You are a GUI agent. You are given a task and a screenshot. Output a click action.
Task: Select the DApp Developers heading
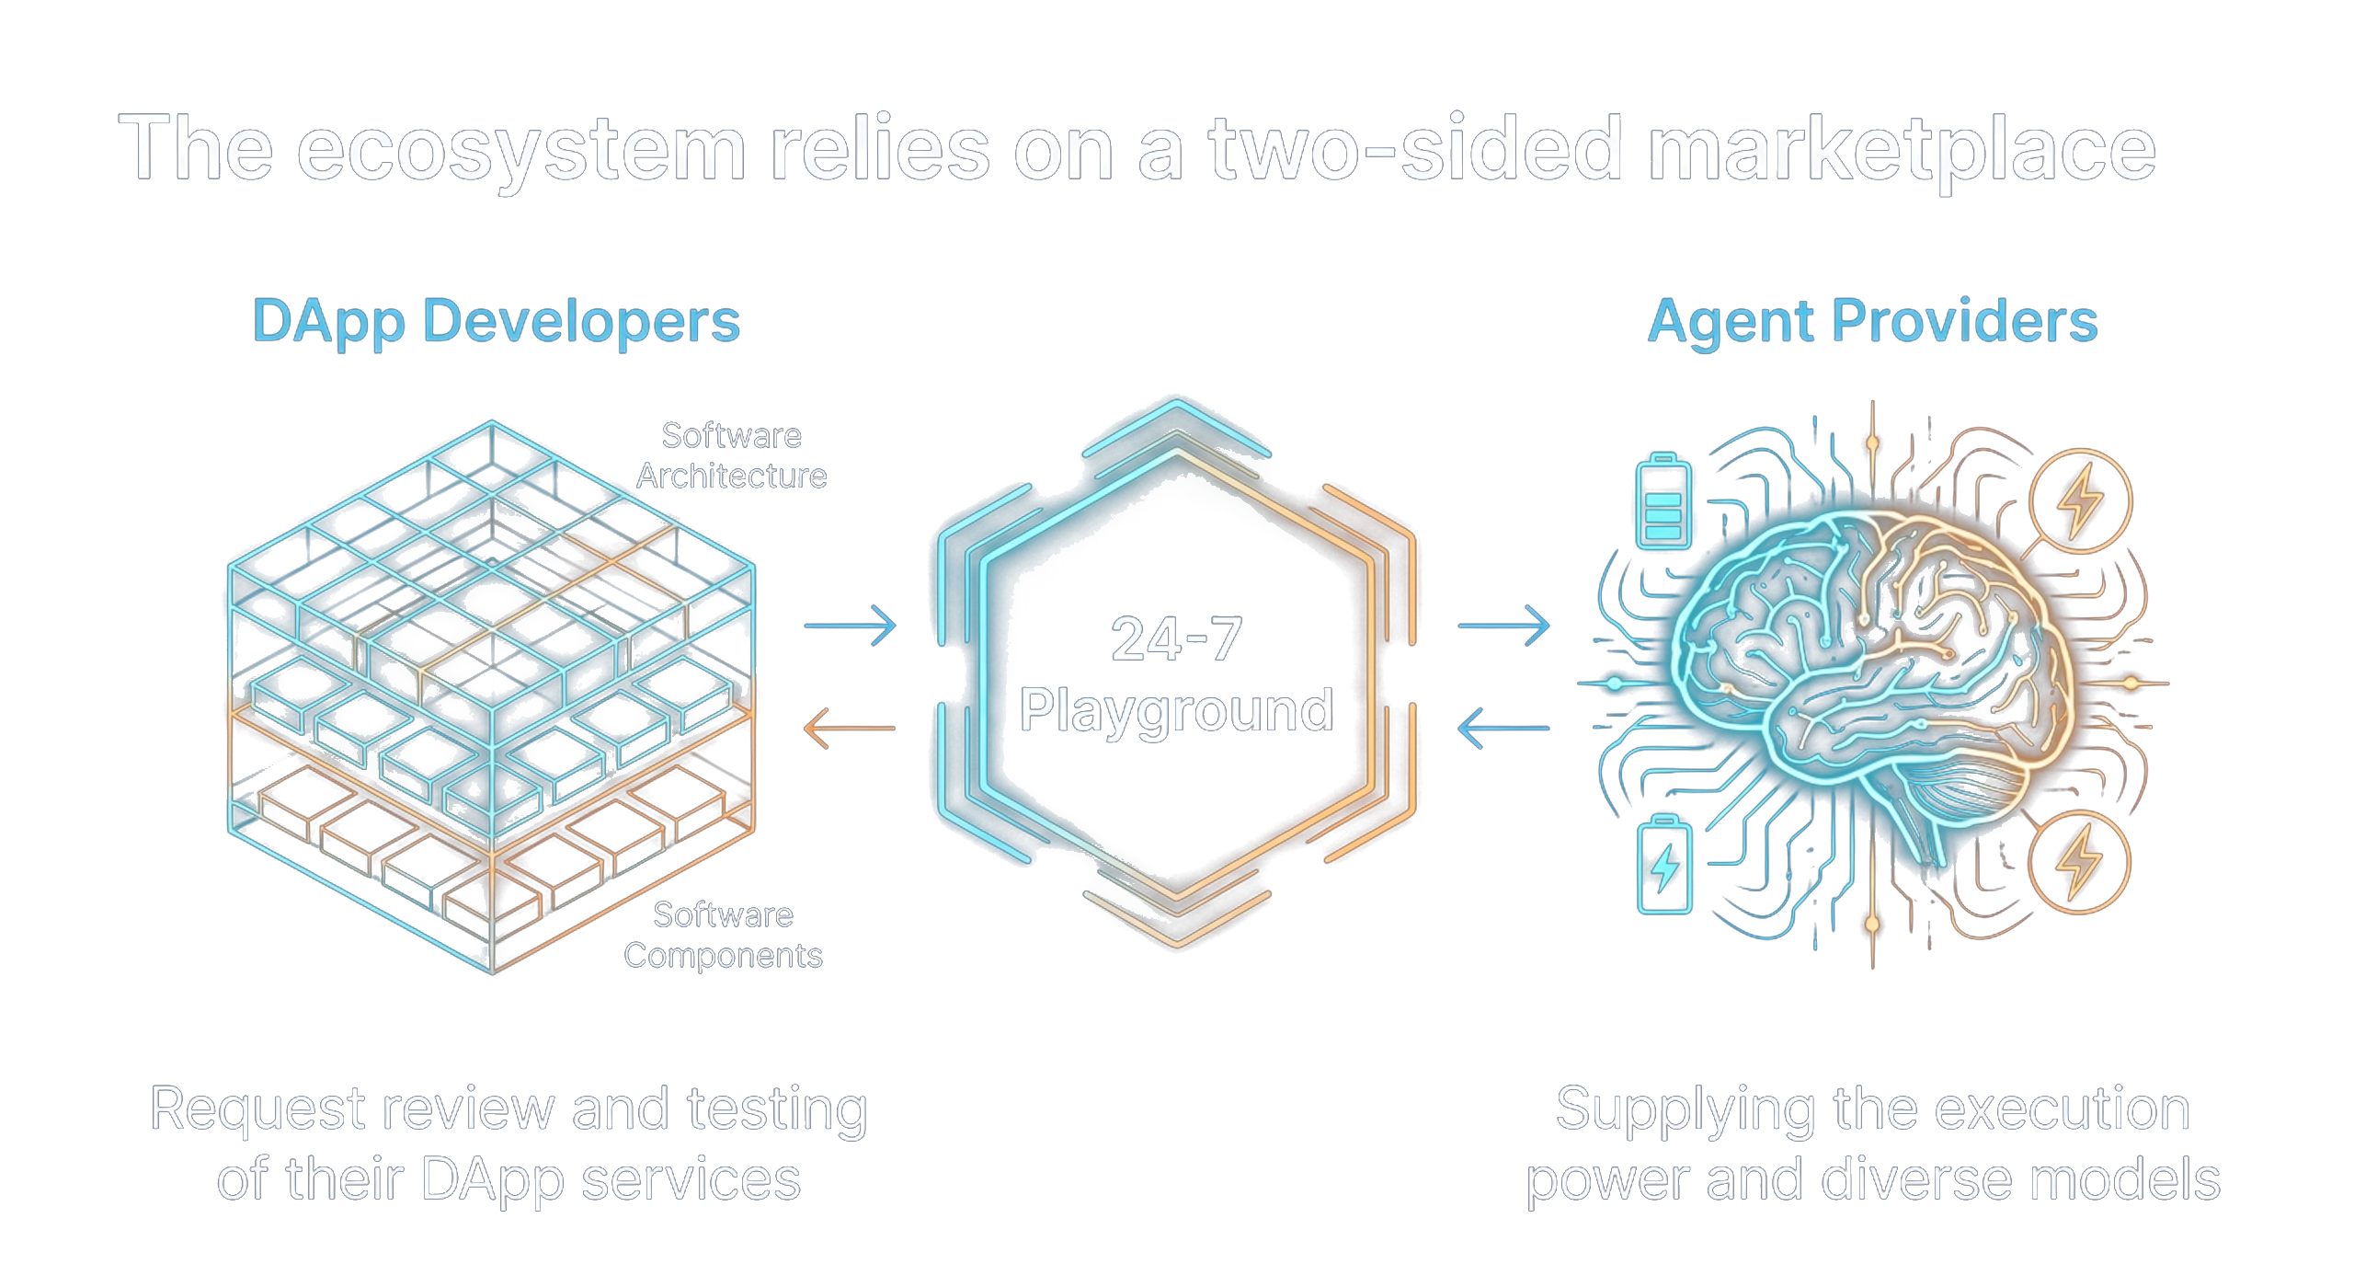pos(496,322)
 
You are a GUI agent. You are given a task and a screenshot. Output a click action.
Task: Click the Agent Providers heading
pos(1872,322)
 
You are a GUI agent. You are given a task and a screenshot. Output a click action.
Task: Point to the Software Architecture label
pos(731,456)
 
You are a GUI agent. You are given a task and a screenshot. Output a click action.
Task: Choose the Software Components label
pos(723,936)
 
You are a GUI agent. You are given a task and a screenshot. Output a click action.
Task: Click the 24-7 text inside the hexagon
pos(1176,639)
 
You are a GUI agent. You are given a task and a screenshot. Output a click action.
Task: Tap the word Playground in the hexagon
pos(1176,710)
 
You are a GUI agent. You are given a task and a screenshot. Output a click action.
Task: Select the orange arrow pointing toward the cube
pos(849,728)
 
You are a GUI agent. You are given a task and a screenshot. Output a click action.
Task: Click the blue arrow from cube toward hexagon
pos(850,626)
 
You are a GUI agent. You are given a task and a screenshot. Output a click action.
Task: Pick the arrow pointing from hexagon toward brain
pos(1503,626)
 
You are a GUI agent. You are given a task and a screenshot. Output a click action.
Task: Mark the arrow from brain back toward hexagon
pos(1503,728)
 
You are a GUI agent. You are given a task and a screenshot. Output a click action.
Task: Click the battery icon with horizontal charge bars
pos(1663,502)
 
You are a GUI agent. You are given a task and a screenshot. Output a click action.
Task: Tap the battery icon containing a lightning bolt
pos(1664,865)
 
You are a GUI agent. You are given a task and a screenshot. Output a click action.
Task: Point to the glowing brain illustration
pos(1867,662)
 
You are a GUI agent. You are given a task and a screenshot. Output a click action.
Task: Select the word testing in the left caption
pos(777,1110)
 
